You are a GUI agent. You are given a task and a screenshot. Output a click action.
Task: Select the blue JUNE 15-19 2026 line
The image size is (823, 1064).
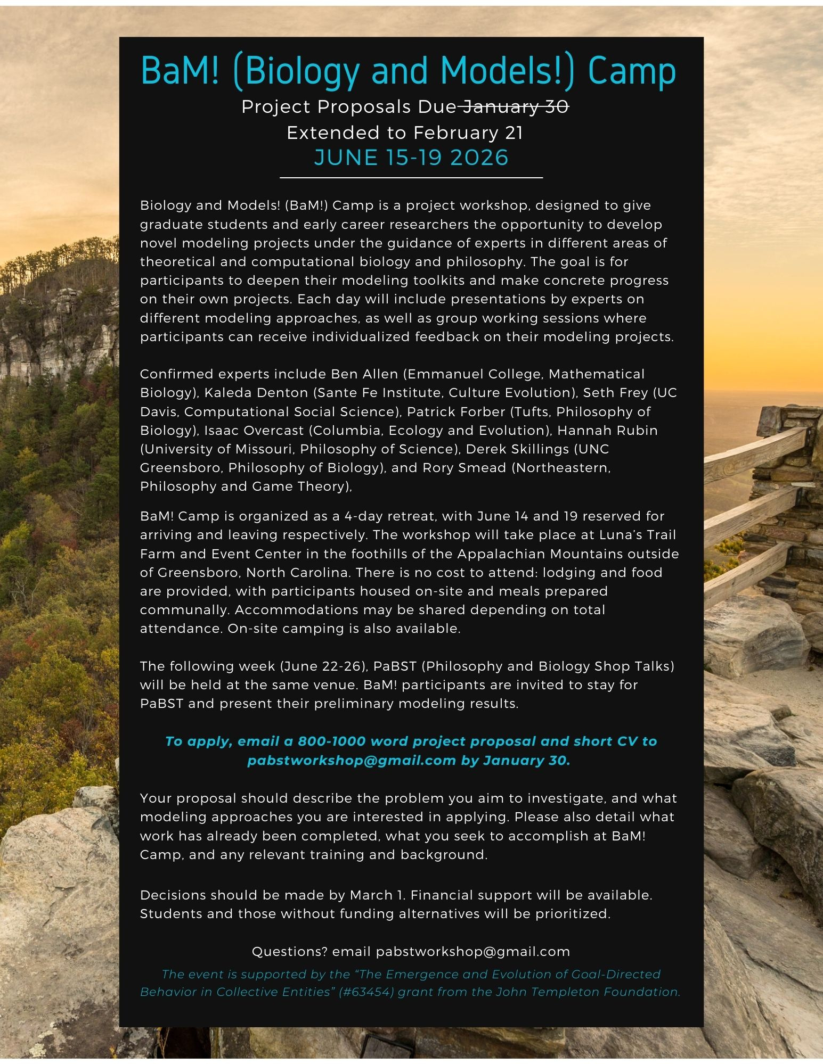411,158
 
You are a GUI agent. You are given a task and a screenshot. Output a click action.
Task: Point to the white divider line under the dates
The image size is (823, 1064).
411,177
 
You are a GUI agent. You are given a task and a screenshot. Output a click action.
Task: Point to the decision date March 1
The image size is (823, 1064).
372,895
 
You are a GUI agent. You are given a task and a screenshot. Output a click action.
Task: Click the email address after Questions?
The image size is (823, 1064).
473,952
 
